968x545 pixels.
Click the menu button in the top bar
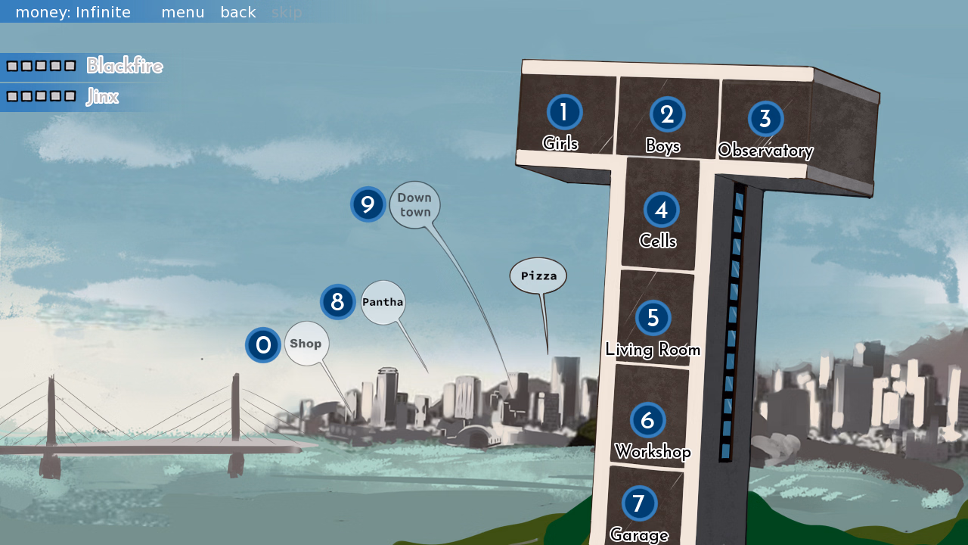click(x=183, y=12)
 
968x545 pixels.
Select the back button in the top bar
click(x=238, y=12)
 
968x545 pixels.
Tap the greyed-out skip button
click(x=287, y=12)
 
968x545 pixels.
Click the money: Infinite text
click(x=73, y=12)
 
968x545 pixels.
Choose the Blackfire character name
click(x=124, y=66)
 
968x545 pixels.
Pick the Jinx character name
click(x=102, y=97)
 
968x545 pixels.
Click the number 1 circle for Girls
click(x=564, y=112)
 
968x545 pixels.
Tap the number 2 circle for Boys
click(x=667, y=114)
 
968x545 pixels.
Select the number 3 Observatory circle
click(x=765, y=119)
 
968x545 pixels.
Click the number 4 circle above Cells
click(x=661, y=210)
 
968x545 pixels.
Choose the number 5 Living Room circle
click(x=653, y=317)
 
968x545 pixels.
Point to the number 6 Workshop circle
click(x=647, y=419)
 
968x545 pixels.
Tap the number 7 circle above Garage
click(x=639, y=503)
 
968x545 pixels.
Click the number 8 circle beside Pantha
click(x=337, y=302)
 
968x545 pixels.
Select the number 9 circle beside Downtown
click(x=368, y=204)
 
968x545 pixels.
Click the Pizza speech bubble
click(x=538, y=276)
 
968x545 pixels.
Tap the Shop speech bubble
click(x=306, y=344)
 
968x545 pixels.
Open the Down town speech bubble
click(x=414, y=204)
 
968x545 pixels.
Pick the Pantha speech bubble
click(x=383, y=302)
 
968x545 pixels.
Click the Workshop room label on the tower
click(x=653, y=452)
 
